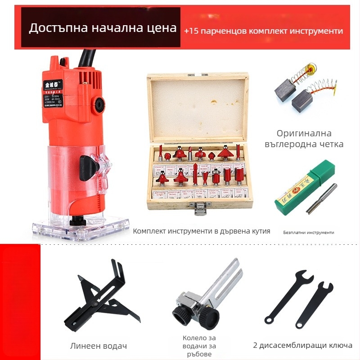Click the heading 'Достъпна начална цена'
(x=103, y=28)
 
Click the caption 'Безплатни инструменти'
(x=308, y=232)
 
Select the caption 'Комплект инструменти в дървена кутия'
(x=201, y=231)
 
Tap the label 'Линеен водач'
(x=99, y=346)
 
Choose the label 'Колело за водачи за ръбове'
(x=199, y=346)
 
